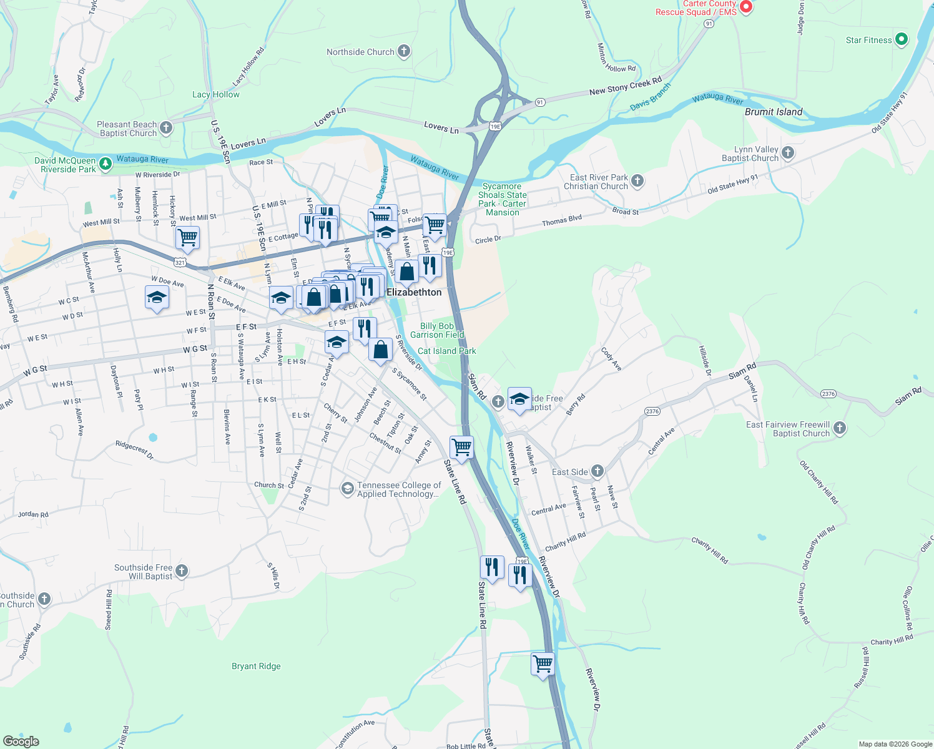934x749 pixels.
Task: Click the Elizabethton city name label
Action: point(414,292)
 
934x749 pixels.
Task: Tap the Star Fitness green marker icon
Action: point(901,40)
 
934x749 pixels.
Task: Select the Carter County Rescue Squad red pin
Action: point(746,7)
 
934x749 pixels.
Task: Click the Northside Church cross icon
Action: point(404,51)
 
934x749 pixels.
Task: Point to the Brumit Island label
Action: point(774,112)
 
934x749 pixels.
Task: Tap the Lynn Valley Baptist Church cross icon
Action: point(788,152)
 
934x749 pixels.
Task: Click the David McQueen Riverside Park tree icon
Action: point(106,164)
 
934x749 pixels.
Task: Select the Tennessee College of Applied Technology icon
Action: point(347,488)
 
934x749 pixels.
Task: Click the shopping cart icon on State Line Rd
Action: point(461,446)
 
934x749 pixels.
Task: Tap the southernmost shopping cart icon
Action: point(543,663)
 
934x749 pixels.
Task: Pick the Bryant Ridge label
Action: point(256,666)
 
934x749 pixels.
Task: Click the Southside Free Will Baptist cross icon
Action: point(182,570)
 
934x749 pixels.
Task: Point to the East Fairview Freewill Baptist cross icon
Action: point(840,428)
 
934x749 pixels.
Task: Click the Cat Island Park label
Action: point(446,351)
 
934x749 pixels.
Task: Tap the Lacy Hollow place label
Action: point(215,94)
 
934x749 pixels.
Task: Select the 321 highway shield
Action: point(180,263)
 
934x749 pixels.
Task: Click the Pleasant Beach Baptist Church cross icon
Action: point(166,128)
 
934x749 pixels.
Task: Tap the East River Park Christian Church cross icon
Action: point(637,181)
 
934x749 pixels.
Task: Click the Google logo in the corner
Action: point(21,741)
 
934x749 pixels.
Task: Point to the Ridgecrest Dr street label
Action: point(134,450)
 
